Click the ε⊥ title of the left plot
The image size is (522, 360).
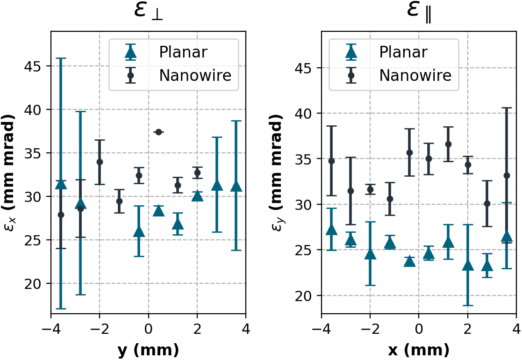click(148, 12)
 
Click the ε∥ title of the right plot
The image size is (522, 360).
click(419, 12)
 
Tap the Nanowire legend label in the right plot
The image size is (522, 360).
click(415, 75)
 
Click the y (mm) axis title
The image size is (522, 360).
click(148, 349)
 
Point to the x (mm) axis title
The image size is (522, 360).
click(419, 349)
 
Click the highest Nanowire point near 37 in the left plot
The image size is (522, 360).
click(158, 132)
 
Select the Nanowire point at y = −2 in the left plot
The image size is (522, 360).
click(100, 162)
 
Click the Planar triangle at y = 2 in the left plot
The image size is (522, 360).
click(197, 195)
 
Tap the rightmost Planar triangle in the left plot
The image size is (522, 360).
click(236, 187)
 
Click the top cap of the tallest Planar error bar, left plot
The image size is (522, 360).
click(61, 58)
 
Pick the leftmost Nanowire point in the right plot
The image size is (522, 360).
click(331, 161)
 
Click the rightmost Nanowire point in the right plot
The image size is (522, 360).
click(507, 175)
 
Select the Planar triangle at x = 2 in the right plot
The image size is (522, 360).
click(468, 266)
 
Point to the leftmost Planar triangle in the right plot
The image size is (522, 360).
click(331, 230)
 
